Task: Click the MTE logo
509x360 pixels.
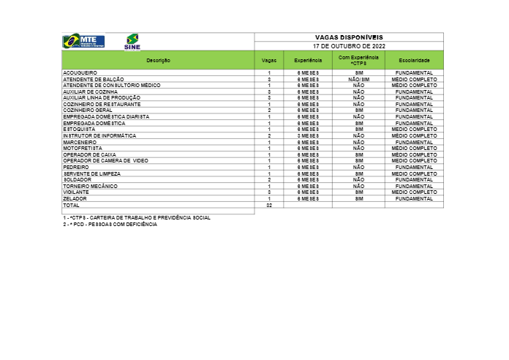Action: tap(83, 41)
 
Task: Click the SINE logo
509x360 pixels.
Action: tap(132, 42)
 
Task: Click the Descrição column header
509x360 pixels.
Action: tap(158, 60)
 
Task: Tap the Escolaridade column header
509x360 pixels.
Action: tap(414, 60)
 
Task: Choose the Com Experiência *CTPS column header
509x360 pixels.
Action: tap(358, 60)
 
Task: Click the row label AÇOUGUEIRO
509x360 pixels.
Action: tap(80, 73)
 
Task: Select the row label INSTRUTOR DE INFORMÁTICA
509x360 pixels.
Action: tap(99, 136)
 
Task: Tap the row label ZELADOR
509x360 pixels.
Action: tap(75, 199)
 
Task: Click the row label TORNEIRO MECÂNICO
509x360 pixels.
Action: tap(90, 186)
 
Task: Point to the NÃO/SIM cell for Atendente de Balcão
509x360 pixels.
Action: tap(358, 79)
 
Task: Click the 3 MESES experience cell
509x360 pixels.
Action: tap(308, 136)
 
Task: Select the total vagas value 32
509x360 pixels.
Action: tap(269, 206)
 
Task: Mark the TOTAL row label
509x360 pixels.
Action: tap(71, 206)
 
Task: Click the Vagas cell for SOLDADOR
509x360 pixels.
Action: tap(269, 180)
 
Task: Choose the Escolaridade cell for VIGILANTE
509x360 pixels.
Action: tap(414, 192)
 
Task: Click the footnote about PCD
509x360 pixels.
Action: tap(110, 225)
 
